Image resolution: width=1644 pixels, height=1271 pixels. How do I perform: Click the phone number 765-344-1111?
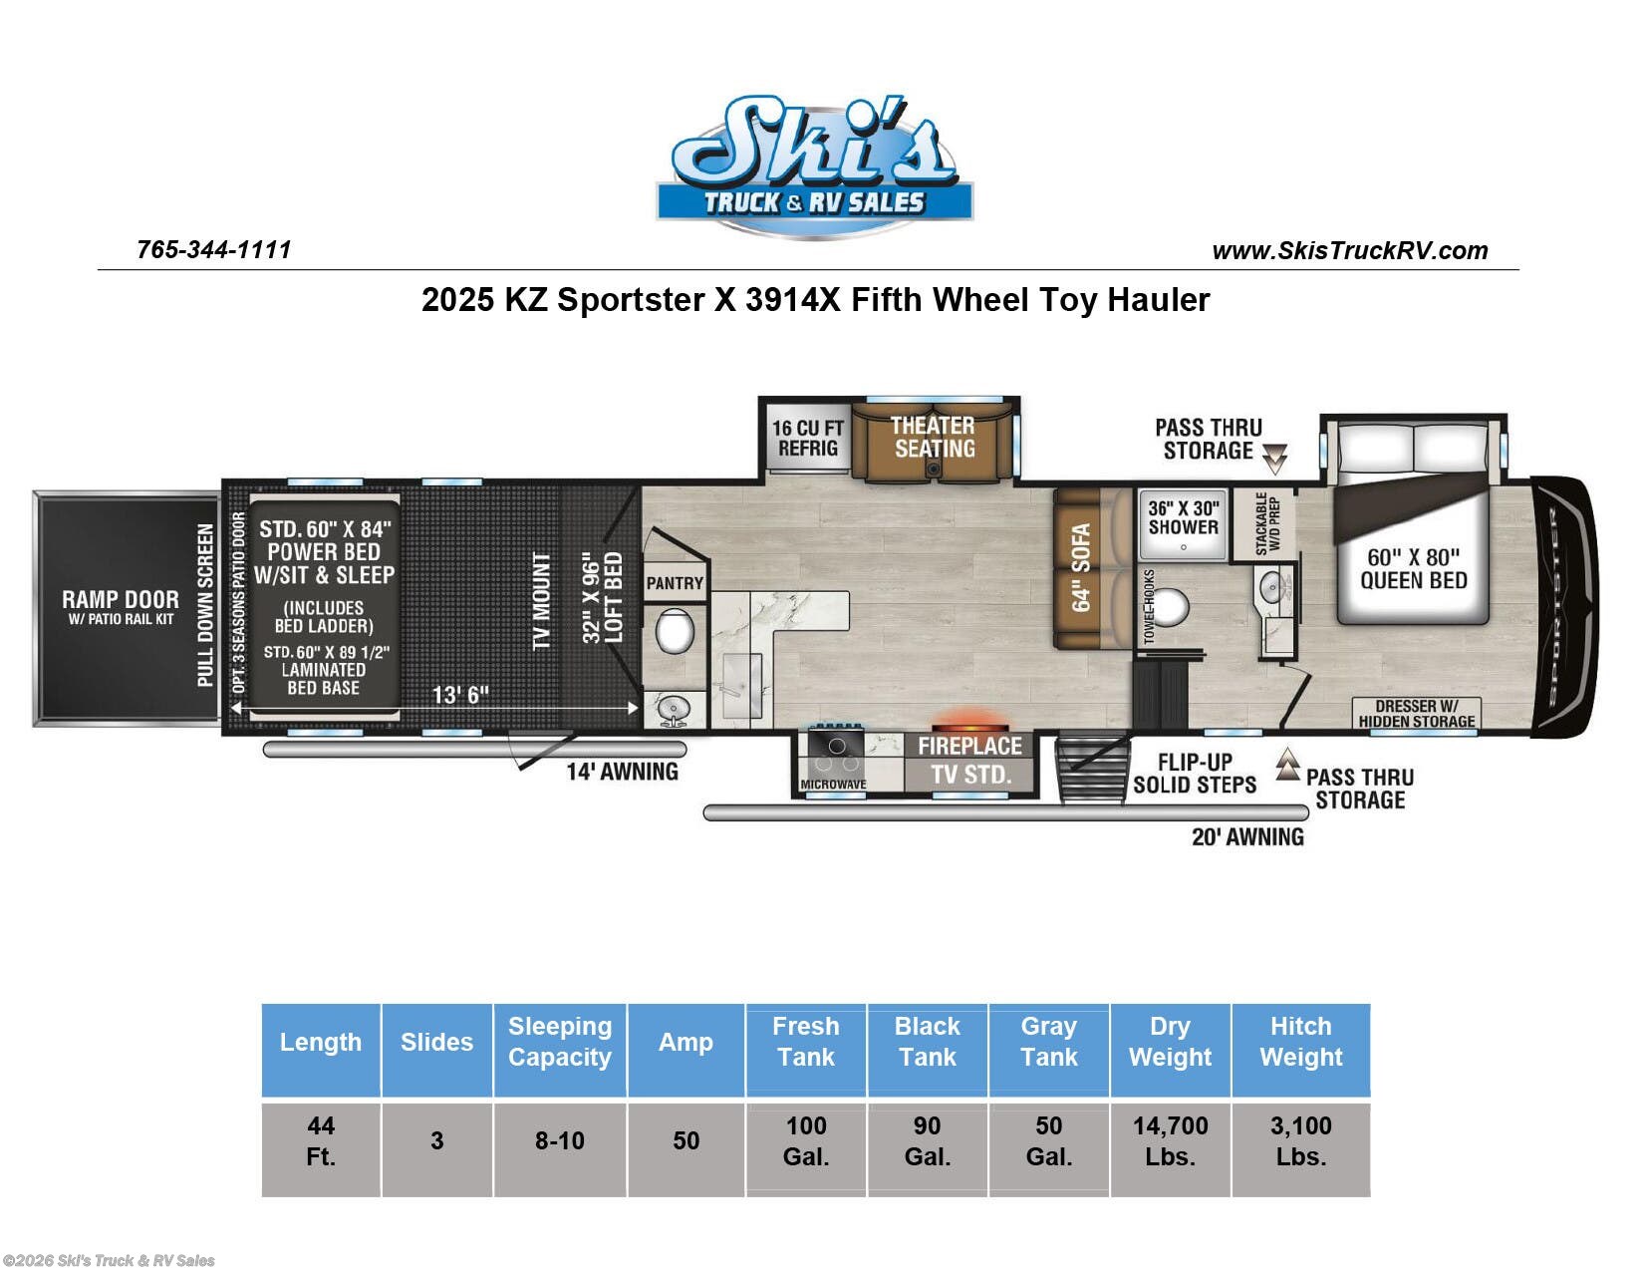[x=213, y=249]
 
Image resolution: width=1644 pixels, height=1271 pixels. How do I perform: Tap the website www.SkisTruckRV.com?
[x=1349, y=251]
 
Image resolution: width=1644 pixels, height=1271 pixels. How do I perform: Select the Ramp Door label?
[x=121, y=600]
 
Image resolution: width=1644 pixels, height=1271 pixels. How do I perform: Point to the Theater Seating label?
[x=933, y=437]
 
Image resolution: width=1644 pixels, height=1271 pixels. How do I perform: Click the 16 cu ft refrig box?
[x=807, y=439]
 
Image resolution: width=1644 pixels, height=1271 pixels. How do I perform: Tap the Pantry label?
[x=675, y=583]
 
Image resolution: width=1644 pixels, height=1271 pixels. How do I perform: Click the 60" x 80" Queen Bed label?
[x=1413, y=568]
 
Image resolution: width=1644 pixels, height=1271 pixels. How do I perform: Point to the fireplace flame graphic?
[x=968, y=721]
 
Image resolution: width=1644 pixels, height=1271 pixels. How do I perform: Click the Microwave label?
[x=833, y=785]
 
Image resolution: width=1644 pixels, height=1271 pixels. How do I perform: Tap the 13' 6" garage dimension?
[x=460, y=694]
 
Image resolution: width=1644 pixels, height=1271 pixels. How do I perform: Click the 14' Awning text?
[x=622, y=772]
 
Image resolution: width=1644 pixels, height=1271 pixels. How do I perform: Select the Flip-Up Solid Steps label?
[x=1194, y=774]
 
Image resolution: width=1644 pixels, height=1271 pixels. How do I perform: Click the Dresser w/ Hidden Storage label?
[x=1416, y=714]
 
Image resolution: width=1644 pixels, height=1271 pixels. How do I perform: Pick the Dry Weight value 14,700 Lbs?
[x=1170, y=1141]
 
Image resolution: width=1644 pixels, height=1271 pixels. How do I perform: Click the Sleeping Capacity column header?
[x=559, y=1042]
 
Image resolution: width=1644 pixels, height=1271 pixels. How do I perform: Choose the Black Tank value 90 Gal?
[x=927, y=1141]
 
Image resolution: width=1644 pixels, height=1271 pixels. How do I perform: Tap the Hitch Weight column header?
[x=1300, y=1042]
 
